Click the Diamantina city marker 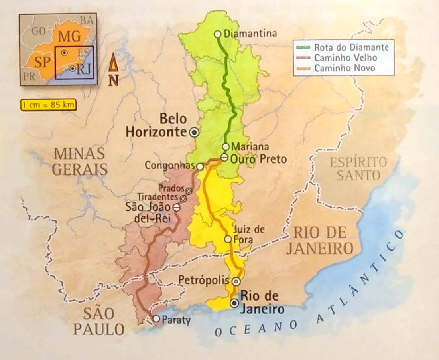[x=218, y=34]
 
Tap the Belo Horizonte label [x=156, y=125]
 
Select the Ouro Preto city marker [x=224, y=158]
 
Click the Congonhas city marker [x=200, y=166]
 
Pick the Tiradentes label [x=158, y=197]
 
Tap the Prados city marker [x=189, y=191]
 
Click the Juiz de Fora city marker [x=228, y=239]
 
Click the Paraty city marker [x=156, y=318]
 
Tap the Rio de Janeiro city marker [x=234, y=303]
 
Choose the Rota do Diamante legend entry [x=344, y=47]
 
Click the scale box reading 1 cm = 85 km [x=43, y=105]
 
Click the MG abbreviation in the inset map [x=70, y=36]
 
